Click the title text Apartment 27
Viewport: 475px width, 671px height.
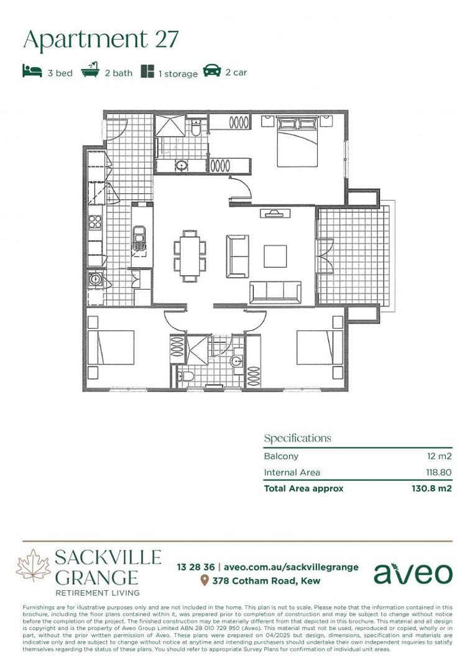click(101, 39)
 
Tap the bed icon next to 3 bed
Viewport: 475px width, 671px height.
click(32, 71)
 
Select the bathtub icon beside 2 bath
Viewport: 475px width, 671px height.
click(91, 71)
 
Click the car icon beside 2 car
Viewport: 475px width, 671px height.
click(212, 71)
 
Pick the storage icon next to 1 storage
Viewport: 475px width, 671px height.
click(147, 71)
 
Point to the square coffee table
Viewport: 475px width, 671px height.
click(275, 256)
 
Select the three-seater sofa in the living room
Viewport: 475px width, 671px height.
click(275, 291)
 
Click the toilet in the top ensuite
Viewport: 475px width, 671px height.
click(196, 128)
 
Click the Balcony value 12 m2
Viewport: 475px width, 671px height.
click(438, 455)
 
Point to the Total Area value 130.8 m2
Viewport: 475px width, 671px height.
click(431, 488)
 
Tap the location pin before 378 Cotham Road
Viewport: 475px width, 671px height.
click(204, 581)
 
